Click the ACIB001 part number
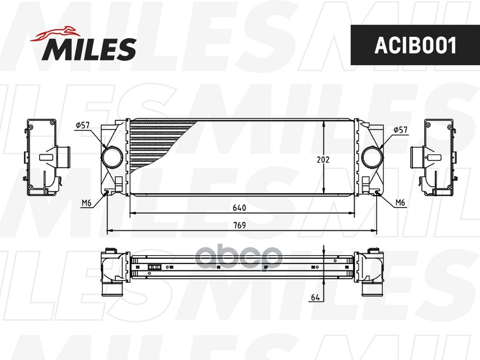(x=415, y=45)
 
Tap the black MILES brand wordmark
(x=89, y=49)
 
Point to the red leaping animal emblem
(x=55, y=33)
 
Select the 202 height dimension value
(x=323, y=159)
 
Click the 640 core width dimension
(x=239, y=208)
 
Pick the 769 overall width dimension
(x=239, y=225)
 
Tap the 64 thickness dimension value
(x=315, y=297)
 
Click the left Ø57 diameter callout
(x=83, y=125)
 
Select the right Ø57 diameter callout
(x=400, y=130)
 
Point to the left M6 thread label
(x=86, y=202)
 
